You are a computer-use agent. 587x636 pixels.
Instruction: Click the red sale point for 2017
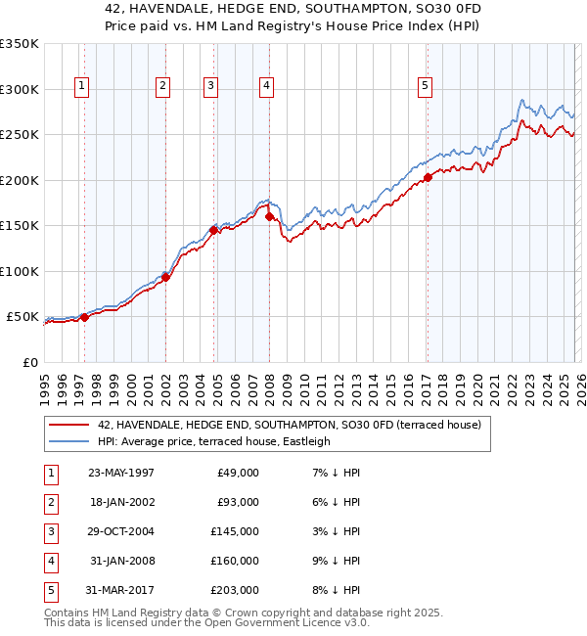point(428,178)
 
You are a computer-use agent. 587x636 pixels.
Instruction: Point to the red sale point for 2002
point(165,277)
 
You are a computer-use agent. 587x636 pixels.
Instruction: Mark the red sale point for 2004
point(213,230)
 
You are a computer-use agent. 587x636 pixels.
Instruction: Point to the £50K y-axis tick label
point(23,317)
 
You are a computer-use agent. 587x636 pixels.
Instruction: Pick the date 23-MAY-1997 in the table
point(120,473)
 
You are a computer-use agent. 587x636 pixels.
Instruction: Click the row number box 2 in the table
point(49,502)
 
